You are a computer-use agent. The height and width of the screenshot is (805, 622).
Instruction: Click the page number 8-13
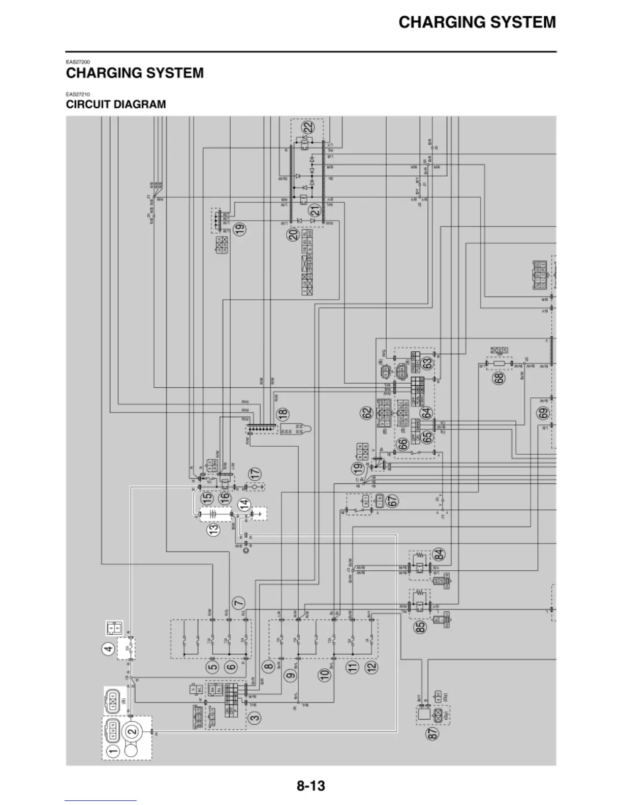click(310, 786)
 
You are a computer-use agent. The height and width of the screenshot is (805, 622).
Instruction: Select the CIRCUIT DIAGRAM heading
click(116, 105)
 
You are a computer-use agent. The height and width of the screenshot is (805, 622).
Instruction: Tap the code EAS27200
click(77, 62)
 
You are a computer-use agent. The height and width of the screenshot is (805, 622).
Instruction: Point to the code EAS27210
click(77, 94)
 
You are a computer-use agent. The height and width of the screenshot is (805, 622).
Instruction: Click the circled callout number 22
click(307, 128)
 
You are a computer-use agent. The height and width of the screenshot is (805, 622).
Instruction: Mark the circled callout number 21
click(315, 210)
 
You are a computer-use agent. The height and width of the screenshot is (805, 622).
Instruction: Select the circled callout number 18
click(283, 414)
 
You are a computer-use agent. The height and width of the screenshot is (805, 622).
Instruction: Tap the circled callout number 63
click(427, 363)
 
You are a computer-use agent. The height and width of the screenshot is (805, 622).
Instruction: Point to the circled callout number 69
click(543, 413)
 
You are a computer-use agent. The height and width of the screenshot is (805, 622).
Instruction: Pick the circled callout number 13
click(214, 529)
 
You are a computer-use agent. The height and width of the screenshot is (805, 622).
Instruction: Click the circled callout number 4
click(107, 649)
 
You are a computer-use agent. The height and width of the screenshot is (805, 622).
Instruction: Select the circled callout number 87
click(433, 733)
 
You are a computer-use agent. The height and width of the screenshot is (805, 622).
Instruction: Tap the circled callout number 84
click(439, 554)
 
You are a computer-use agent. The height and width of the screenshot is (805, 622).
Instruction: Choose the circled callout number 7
click(238, 603)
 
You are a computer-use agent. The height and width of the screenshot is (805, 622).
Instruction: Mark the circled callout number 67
click(391, 501)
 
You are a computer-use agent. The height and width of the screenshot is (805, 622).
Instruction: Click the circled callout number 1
click(113, 750)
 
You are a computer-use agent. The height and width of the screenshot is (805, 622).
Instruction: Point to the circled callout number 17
click(255, 473)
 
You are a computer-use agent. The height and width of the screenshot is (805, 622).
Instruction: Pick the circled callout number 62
click(366, 414)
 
